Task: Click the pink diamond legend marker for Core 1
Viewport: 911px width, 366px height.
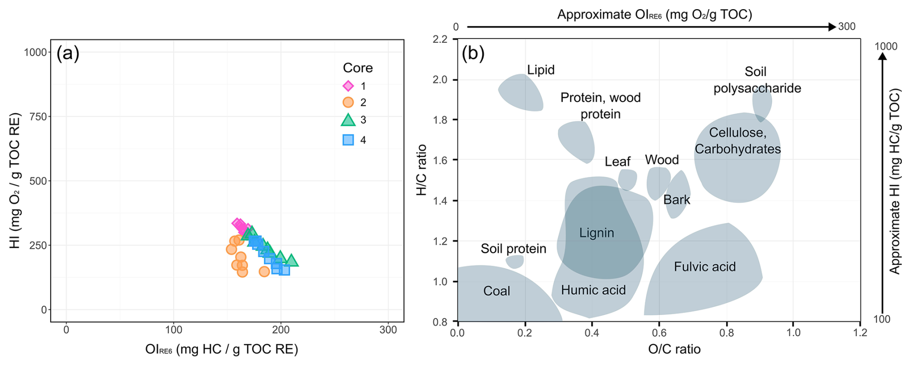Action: click(348, 86)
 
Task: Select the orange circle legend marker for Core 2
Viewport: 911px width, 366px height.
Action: click(348, 102)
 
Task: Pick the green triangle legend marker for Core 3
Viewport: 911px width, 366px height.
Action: click(348, 120)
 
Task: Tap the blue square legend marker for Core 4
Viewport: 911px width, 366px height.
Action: click(348, 140)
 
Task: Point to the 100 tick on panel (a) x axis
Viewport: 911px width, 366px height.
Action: click(174, 330)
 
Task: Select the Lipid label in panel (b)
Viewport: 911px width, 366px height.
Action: click(541, 70)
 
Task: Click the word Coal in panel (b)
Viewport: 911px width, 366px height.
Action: click(496, 291)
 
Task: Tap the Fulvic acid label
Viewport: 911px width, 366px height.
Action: click(704, 267)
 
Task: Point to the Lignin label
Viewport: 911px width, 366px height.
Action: click(597, 233)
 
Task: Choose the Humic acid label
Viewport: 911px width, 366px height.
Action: click(593, 290)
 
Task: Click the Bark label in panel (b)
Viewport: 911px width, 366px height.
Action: click(677, 200)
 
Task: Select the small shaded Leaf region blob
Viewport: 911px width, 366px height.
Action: click(627, 180)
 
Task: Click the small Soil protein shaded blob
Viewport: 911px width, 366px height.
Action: click(515, 262)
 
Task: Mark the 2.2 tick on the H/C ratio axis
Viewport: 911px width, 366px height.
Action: click(440, 39)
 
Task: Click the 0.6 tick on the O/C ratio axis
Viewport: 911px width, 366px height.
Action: click(659, 332)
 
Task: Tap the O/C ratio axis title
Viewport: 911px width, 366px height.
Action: click(674, 349)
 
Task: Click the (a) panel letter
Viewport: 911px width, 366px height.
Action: click(68, 53)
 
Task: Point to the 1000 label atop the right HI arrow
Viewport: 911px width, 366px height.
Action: click(886, 47)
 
